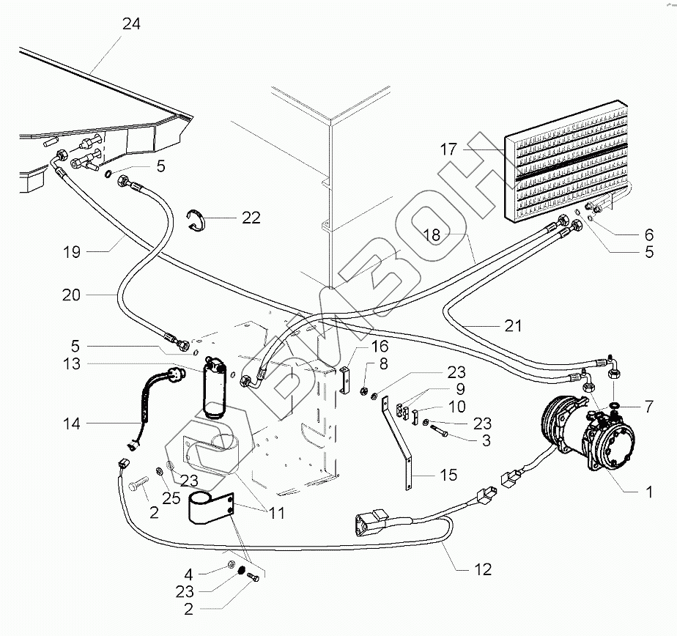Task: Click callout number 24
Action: pos(131,23)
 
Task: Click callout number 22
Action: pos(251,218)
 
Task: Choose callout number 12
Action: pos(482,569)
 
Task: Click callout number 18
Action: pos(432,234)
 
